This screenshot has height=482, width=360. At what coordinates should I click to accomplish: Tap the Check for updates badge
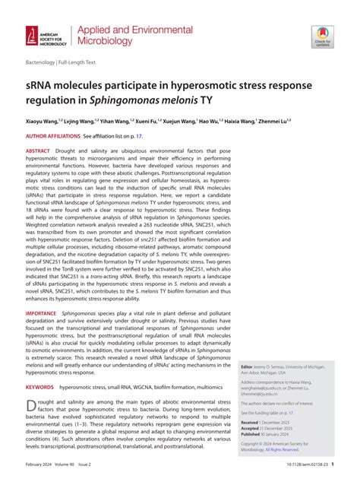coord(323,35)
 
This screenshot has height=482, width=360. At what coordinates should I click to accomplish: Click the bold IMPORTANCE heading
coord(42,312)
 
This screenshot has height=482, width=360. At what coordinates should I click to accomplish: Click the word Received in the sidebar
coord(251,421)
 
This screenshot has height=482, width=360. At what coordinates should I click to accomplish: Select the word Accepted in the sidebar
coord(252,428)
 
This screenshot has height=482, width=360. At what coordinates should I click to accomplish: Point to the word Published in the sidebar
coord(253,435)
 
